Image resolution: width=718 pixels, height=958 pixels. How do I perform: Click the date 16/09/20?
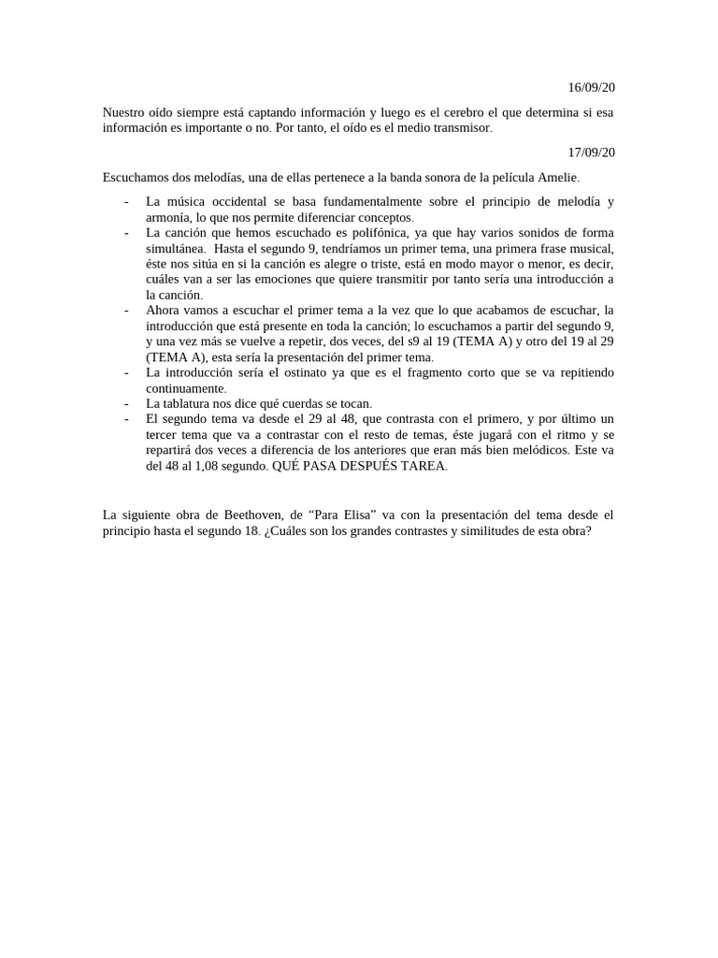coord(591,88)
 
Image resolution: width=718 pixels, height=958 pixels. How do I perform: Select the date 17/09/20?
coord(591,152)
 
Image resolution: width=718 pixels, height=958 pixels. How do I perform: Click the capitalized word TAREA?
coord(424,466)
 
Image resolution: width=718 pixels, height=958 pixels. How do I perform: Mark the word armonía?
coord(169,218)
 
